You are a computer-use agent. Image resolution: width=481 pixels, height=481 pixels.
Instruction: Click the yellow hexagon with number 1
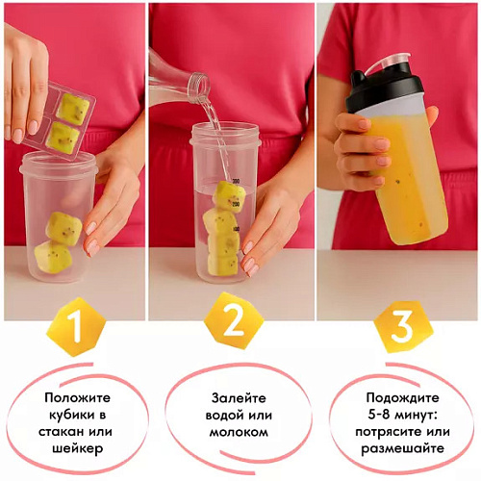[x=76, y=327]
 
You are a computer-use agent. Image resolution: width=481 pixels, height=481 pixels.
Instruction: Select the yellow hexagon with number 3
[x=403, y=327]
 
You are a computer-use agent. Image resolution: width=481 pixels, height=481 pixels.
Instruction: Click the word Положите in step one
[x=76, y=396]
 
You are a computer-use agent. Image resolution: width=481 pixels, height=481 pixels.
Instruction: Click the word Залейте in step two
[x=238, y=396]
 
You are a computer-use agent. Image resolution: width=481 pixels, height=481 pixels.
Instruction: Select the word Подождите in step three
[x=404, y=396]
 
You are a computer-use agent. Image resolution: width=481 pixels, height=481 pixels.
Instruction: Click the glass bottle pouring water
[x=183, y=76]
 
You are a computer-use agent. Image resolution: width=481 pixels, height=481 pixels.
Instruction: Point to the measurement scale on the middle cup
[x=234, y=192]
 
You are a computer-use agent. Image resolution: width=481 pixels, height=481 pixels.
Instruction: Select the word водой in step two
[x=216, y=413]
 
